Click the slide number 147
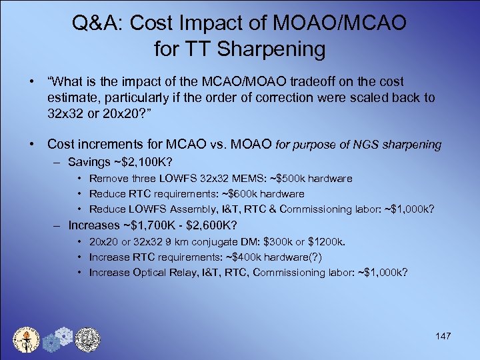pyautogui.click(x=443, y=336)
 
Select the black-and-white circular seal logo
pyautogui.click(x=87, y=339)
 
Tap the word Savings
pyautogui.click(x=89, y=163)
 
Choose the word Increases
pyautogui.click(x=93, y=225)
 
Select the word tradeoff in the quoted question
pyautogui.click(x=314, y=81)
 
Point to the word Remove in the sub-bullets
pyautogui.click(x=105, y=179)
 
